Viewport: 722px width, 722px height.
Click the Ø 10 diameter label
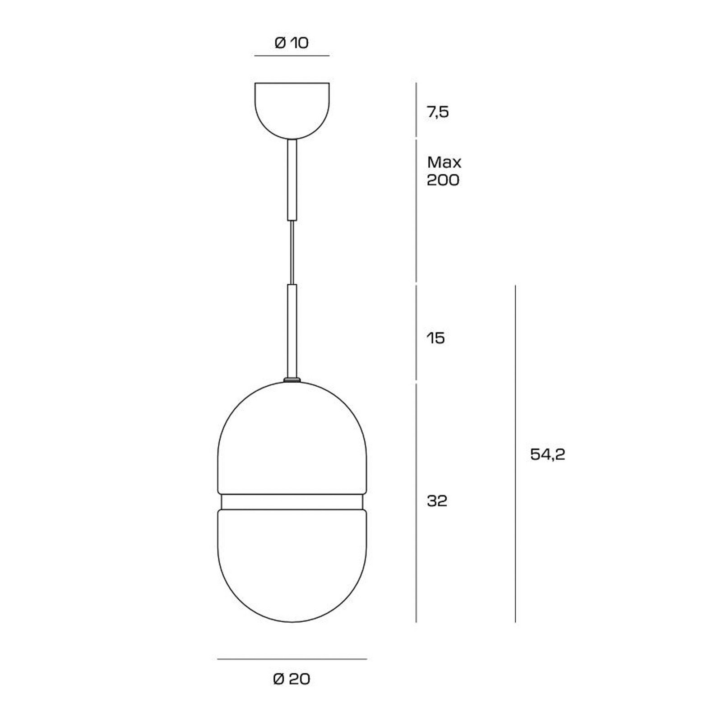coord(292,43)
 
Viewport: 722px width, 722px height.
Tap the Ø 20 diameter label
coord(292,679)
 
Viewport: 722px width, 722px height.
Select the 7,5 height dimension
coord(438,112)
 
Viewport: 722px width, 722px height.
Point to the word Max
coord(444,162)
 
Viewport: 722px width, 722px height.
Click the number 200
coord(443,180)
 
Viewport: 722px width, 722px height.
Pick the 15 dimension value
coord(436,338)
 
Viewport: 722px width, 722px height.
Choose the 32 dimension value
coord(437,501)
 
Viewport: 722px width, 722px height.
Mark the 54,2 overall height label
coord(547,454)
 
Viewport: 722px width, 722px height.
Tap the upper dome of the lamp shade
coord(292,442)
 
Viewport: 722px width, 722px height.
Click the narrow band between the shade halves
coord(292,502)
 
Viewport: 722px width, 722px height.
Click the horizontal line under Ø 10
coord(292,56)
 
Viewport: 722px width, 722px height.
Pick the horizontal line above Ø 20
coord(292,659)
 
